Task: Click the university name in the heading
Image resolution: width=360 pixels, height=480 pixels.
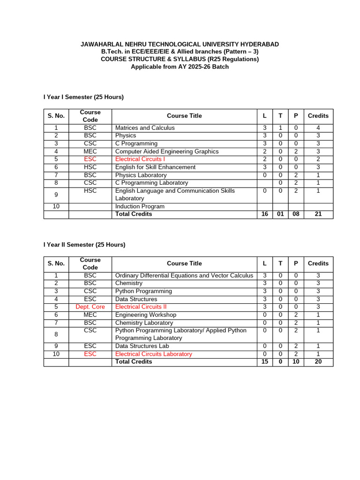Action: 180,44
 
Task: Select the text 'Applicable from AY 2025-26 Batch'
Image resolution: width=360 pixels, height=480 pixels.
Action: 180,67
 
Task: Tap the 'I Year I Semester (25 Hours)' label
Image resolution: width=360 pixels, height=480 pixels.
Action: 83,97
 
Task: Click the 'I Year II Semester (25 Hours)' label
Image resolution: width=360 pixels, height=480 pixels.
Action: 84,245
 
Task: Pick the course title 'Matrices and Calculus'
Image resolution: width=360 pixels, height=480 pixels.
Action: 145,128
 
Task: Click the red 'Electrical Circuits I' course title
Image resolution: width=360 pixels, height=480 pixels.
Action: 140,159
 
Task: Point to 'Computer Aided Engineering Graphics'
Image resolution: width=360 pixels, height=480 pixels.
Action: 167,151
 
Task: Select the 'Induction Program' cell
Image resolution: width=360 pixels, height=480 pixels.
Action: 140,207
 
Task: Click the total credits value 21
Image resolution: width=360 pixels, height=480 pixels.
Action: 318,214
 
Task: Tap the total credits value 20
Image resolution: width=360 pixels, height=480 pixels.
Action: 318,362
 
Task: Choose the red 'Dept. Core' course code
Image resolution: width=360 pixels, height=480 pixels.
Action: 90,307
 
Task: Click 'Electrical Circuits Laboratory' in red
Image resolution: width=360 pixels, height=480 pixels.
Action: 154,354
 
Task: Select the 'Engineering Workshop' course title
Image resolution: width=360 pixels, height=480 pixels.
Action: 146,315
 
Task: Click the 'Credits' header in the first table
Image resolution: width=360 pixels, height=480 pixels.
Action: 318,116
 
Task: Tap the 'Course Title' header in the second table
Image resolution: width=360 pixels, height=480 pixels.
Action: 184,263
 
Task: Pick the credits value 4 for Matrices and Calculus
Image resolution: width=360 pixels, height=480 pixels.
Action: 318,128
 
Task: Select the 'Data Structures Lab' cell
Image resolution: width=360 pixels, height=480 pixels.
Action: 142,346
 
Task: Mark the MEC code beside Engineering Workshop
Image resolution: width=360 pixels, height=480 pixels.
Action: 90,315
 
